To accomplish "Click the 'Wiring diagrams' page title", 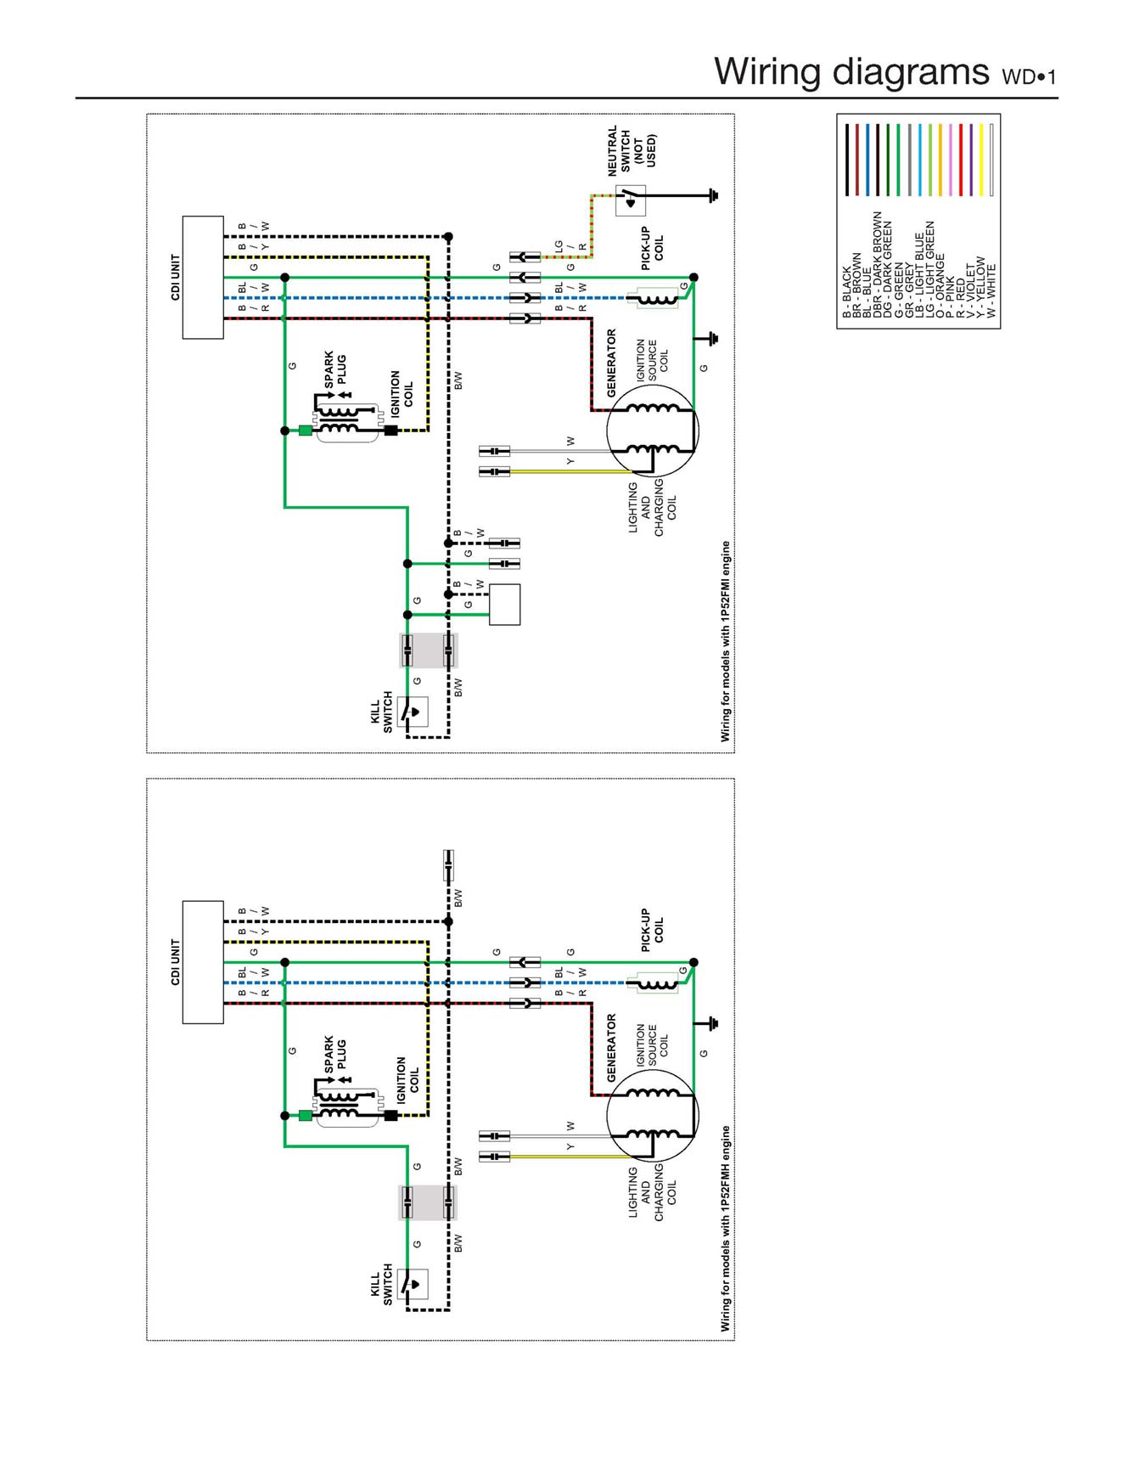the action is click(851, 71).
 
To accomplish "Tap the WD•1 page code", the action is click(1030, 76).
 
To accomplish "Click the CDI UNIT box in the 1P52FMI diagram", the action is click(203, 278).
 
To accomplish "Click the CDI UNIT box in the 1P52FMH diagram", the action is click(203, 962).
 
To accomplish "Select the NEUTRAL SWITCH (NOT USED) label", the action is click(632, 151).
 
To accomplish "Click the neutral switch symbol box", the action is click(631, 200).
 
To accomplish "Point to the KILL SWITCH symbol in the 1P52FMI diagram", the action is click(413, 712).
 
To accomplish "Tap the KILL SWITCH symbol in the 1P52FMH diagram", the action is click(413, 1285).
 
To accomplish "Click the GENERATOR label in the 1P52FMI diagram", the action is click(612, 363).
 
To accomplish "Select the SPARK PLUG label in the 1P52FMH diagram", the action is click(335, 1053).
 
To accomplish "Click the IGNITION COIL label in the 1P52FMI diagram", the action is click(401, 393).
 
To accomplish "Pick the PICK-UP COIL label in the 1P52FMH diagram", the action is click(652, 930).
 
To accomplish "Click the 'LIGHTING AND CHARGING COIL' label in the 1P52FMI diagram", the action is click(652, 508).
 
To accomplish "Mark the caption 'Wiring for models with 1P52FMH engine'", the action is click(726, 1228).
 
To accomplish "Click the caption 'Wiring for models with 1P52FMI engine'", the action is click(726, 641).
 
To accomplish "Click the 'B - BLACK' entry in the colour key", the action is click(846, 293).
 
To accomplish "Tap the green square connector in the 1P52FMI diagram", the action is click(306, 431).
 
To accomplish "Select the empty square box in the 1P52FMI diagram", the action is click(505, 605).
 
